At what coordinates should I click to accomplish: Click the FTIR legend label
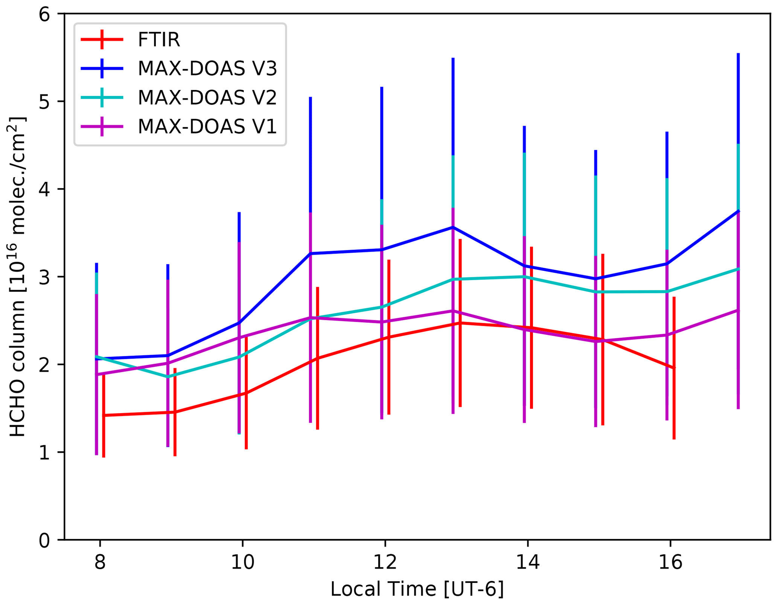[159, 40]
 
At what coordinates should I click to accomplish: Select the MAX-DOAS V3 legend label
[207, 69]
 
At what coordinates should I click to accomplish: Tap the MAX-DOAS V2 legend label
[207, 98]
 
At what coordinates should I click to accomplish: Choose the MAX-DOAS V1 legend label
[207, 127]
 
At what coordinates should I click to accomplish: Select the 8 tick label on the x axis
[100, 562]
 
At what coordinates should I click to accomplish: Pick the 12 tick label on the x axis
[385, 562]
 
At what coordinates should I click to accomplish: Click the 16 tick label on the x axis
[670, 562]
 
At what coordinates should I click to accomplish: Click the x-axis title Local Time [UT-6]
[417, 589]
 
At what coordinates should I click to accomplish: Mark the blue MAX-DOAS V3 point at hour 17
[738, 211]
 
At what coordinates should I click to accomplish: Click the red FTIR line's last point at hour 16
[674, 368]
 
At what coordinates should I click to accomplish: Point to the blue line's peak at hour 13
[453, 227]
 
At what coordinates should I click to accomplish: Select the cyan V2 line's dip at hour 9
[168, 377]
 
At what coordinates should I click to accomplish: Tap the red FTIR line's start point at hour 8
[104, 415]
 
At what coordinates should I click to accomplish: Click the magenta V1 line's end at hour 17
[738, 310]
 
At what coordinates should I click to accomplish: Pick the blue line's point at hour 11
[311, 254]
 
